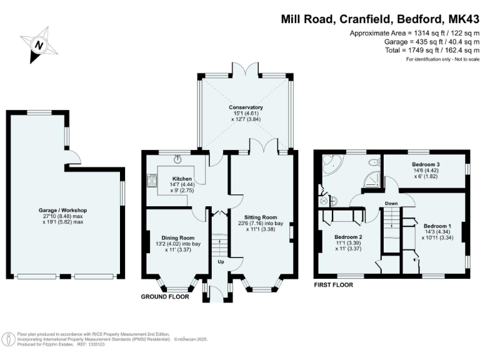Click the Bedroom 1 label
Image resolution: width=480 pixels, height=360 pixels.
(x=436, y=226)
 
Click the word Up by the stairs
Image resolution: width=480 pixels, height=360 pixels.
(x=220, y=261)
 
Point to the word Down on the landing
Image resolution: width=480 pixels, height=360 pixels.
(x=391, y=203)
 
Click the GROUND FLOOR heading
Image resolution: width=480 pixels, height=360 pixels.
(x=165, y=297)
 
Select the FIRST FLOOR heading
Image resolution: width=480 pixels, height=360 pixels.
(x=333, y=284)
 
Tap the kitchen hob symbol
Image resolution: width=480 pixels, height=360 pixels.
(x=151, y=181)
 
